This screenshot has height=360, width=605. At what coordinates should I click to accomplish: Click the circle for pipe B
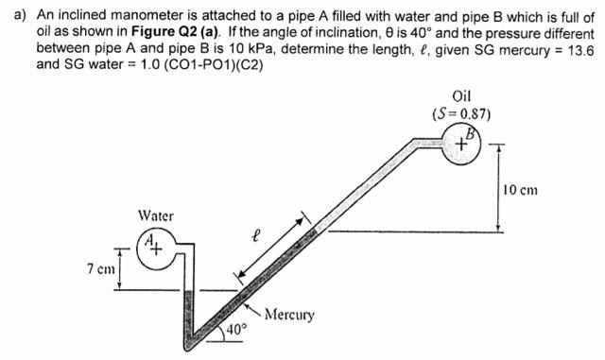464,144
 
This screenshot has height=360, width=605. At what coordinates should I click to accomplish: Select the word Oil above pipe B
462,96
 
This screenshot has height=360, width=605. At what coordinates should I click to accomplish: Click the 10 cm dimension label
522,190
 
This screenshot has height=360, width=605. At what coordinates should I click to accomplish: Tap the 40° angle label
236,330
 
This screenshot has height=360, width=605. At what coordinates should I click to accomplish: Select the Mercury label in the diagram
289,314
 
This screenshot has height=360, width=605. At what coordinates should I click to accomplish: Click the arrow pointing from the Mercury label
253,307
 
